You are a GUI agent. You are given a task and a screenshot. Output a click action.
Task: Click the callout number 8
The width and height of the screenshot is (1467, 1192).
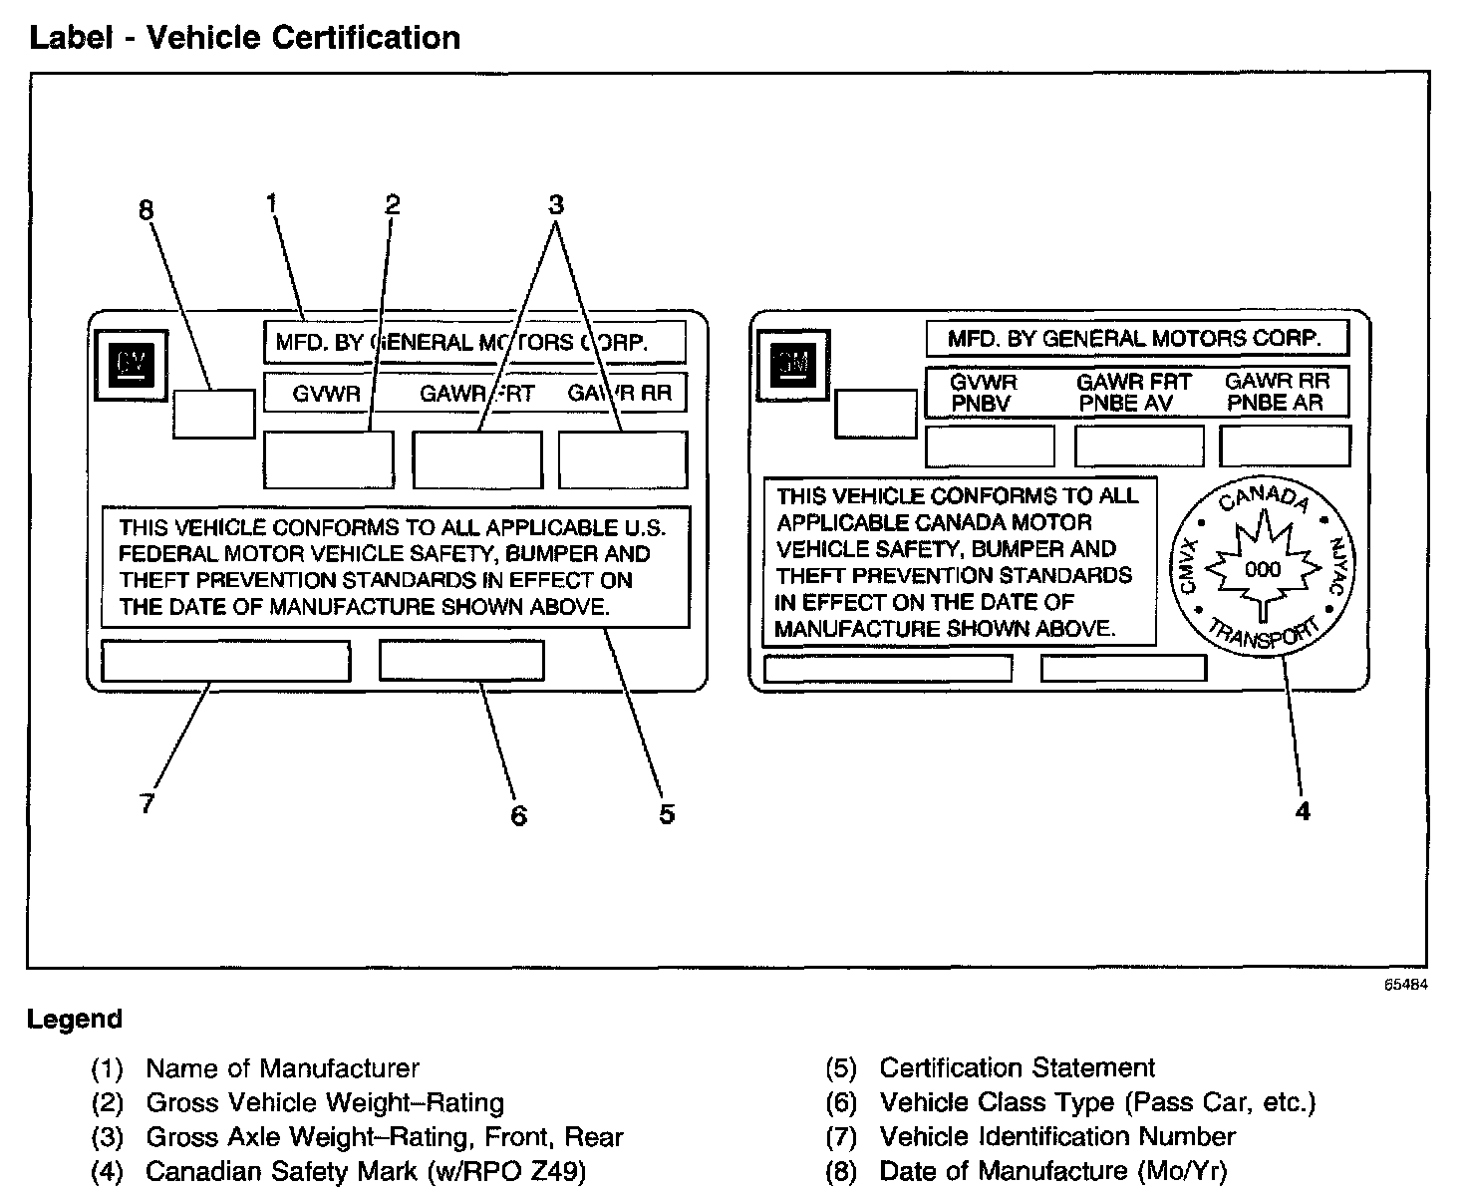point(147,210)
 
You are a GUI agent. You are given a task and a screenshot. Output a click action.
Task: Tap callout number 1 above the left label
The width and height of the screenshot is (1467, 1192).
point(271,203)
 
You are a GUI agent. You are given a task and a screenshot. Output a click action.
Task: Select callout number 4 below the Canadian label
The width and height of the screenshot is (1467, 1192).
point(1302,811)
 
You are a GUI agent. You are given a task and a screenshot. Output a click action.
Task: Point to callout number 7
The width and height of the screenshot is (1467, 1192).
point(147,803)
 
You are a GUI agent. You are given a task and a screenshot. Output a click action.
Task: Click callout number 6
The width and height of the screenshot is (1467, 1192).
point(518,815)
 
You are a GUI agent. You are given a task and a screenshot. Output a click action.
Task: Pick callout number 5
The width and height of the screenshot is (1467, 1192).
point(667,813)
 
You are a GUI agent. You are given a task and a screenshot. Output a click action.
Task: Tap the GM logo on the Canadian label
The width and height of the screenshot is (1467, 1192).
point(794,365)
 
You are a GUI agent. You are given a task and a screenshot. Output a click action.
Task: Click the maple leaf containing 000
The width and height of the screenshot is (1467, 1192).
point(1263,566)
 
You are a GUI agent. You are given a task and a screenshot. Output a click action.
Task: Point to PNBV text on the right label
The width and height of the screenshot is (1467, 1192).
point(981,403)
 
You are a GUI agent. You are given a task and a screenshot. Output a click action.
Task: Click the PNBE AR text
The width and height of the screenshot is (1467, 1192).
point(1275,403)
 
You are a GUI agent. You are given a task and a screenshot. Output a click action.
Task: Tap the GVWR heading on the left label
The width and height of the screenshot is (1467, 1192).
point(326,393)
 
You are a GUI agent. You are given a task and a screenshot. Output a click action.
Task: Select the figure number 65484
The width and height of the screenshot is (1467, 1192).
point(1405,984)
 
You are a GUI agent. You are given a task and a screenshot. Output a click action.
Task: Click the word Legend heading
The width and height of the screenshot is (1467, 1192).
point(75,1019)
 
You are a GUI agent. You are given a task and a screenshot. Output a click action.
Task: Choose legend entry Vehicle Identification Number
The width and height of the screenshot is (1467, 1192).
point(1056,1136)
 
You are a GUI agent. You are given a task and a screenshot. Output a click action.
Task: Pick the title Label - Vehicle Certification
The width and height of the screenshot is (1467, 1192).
point(244,38)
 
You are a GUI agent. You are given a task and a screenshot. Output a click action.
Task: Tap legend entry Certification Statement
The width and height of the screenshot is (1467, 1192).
point(1017,1067)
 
